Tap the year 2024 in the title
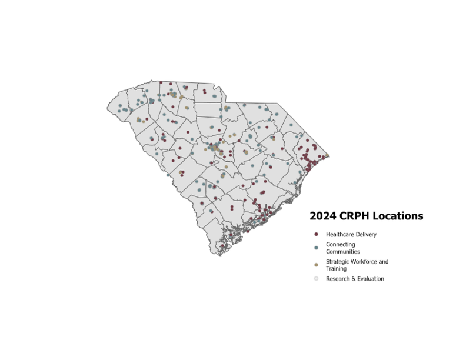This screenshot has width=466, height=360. click(323, 216)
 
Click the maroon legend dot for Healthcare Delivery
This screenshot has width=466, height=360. click(316, 234)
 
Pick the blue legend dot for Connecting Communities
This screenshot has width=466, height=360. click(316, 248)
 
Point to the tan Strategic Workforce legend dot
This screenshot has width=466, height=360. click(316, 265)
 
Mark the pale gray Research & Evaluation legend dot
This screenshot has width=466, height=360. click(316, 279)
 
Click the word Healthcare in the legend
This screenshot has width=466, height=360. click(339, 234)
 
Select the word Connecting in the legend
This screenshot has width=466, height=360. click(340, 244)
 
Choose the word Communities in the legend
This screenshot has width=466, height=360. click(343, 252)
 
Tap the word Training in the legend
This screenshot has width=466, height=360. click(336, 269)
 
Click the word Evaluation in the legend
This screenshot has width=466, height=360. click(371, 279)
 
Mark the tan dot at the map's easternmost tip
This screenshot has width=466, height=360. click(328, 155)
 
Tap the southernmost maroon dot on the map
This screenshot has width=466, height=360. click(222, 246)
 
